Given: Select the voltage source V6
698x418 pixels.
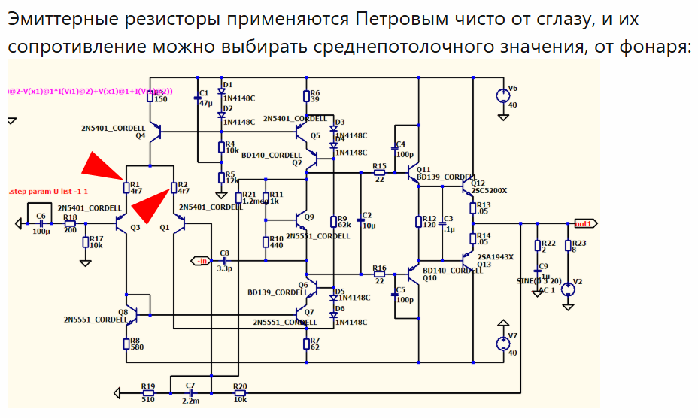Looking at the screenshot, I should (502, 96).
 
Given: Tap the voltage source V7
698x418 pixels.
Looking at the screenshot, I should (502, 344).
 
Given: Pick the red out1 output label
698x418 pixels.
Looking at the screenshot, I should (583, 224).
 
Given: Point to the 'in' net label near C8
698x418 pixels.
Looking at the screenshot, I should (202, 261).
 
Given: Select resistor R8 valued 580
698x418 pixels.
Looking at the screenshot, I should (126, 344).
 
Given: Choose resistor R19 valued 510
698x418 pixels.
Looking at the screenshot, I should (148, 392).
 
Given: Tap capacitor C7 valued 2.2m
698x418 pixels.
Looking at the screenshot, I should (191, 392).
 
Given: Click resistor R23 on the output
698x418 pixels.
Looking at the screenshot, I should (568, 247).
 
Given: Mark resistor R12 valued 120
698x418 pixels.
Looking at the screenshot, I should (419, 222).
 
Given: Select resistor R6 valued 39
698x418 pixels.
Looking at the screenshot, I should (306, 96).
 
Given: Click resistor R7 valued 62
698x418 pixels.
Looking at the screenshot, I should (306, 344).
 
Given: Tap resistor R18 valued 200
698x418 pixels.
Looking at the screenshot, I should (70, 223).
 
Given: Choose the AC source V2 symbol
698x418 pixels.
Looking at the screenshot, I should (568, 287).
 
